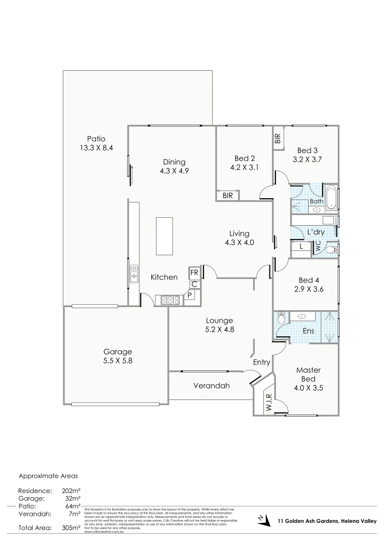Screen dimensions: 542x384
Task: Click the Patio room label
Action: tap(96, 139)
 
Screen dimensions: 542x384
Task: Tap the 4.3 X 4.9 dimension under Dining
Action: tap(174, 171)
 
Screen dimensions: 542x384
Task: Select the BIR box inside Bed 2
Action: tap(228, 196)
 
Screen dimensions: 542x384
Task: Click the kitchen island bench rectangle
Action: tap(164, 236)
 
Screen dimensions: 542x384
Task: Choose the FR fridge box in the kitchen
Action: tap(195, 273)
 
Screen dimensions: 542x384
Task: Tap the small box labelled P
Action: tap(189, 295)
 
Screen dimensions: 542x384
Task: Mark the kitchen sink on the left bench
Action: tap(134, 274)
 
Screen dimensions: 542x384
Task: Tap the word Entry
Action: tap(261, 362)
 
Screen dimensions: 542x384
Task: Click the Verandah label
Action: tap(211, 386)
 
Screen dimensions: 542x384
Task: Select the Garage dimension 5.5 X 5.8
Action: tap(118, 360)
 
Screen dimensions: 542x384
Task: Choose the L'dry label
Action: tap(316, 232)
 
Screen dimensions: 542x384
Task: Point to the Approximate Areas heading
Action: tap(48, 475)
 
